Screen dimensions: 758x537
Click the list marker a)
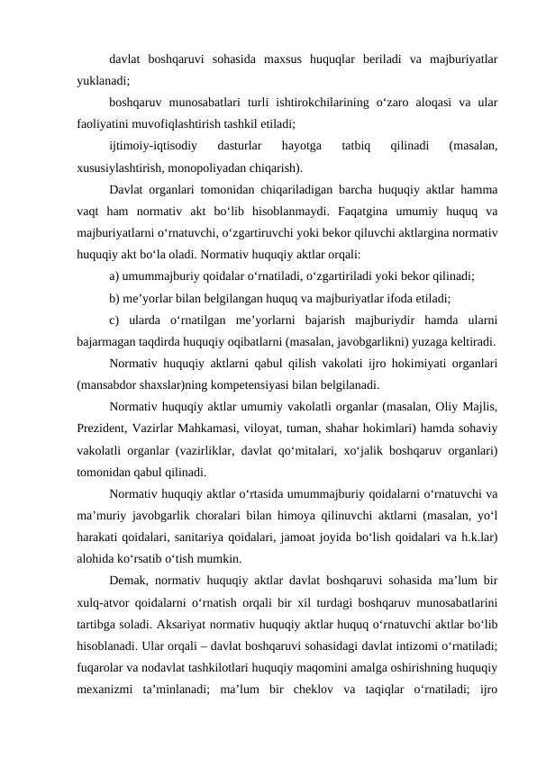[115, 277]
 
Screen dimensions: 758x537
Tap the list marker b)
[115, 299]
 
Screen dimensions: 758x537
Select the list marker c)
[114, 321]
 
